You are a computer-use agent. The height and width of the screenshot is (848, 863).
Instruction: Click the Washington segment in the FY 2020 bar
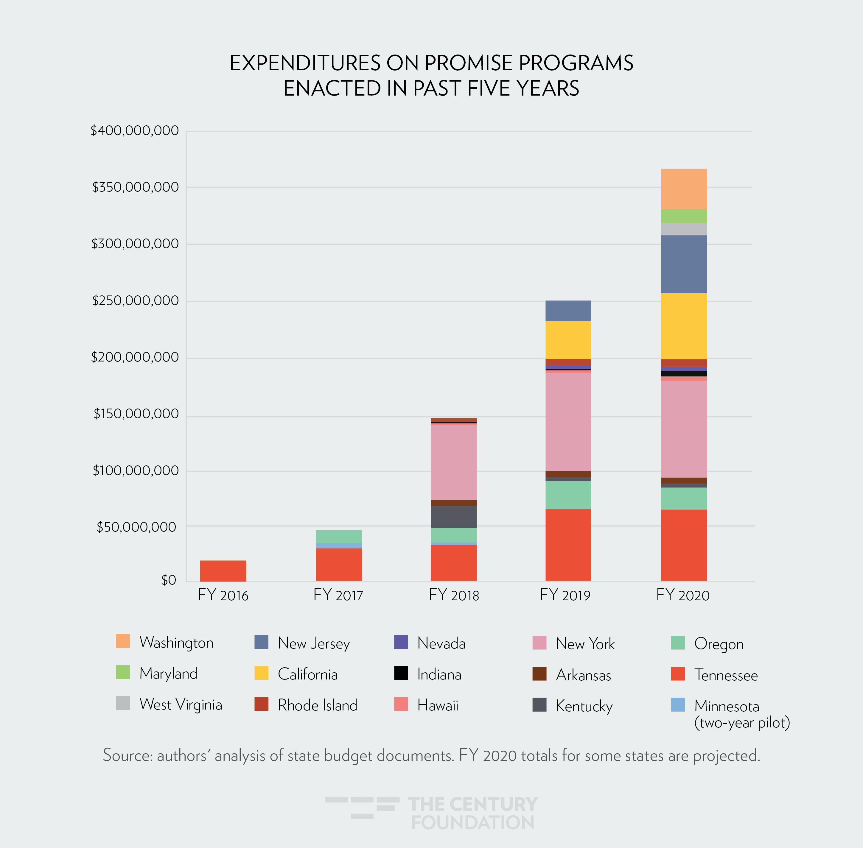(x=683, y=189)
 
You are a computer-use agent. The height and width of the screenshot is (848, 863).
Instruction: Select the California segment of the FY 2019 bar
(x=568, y=340)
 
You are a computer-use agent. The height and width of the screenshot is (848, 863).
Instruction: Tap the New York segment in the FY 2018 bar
(x=454, y=462)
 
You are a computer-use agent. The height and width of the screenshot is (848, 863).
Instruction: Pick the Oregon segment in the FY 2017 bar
(x=339, y=536)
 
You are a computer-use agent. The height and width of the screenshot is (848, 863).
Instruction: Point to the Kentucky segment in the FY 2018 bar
(x=454, y=517)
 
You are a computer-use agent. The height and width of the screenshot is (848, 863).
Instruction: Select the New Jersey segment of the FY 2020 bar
(x=683, y=264)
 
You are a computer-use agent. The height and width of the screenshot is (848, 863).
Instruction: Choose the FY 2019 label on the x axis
(x=565, y=595)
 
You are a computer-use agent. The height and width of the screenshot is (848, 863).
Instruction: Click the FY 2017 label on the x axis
(x=338, y=595)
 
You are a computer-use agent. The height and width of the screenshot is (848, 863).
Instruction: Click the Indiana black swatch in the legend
(x=401, y=673)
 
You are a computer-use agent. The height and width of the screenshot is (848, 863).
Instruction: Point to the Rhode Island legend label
(x=317, y=705)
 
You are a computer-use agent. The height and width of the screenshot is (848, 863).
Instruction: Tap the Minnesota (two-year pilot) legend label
(x=741, y=714)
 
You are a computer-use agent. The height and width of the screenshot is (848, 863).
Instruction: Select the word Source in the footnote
(x=128, y=755)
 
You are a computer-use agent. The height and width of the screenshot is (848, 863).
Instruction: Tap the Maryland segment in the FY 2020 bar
(x=683, y=216)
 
